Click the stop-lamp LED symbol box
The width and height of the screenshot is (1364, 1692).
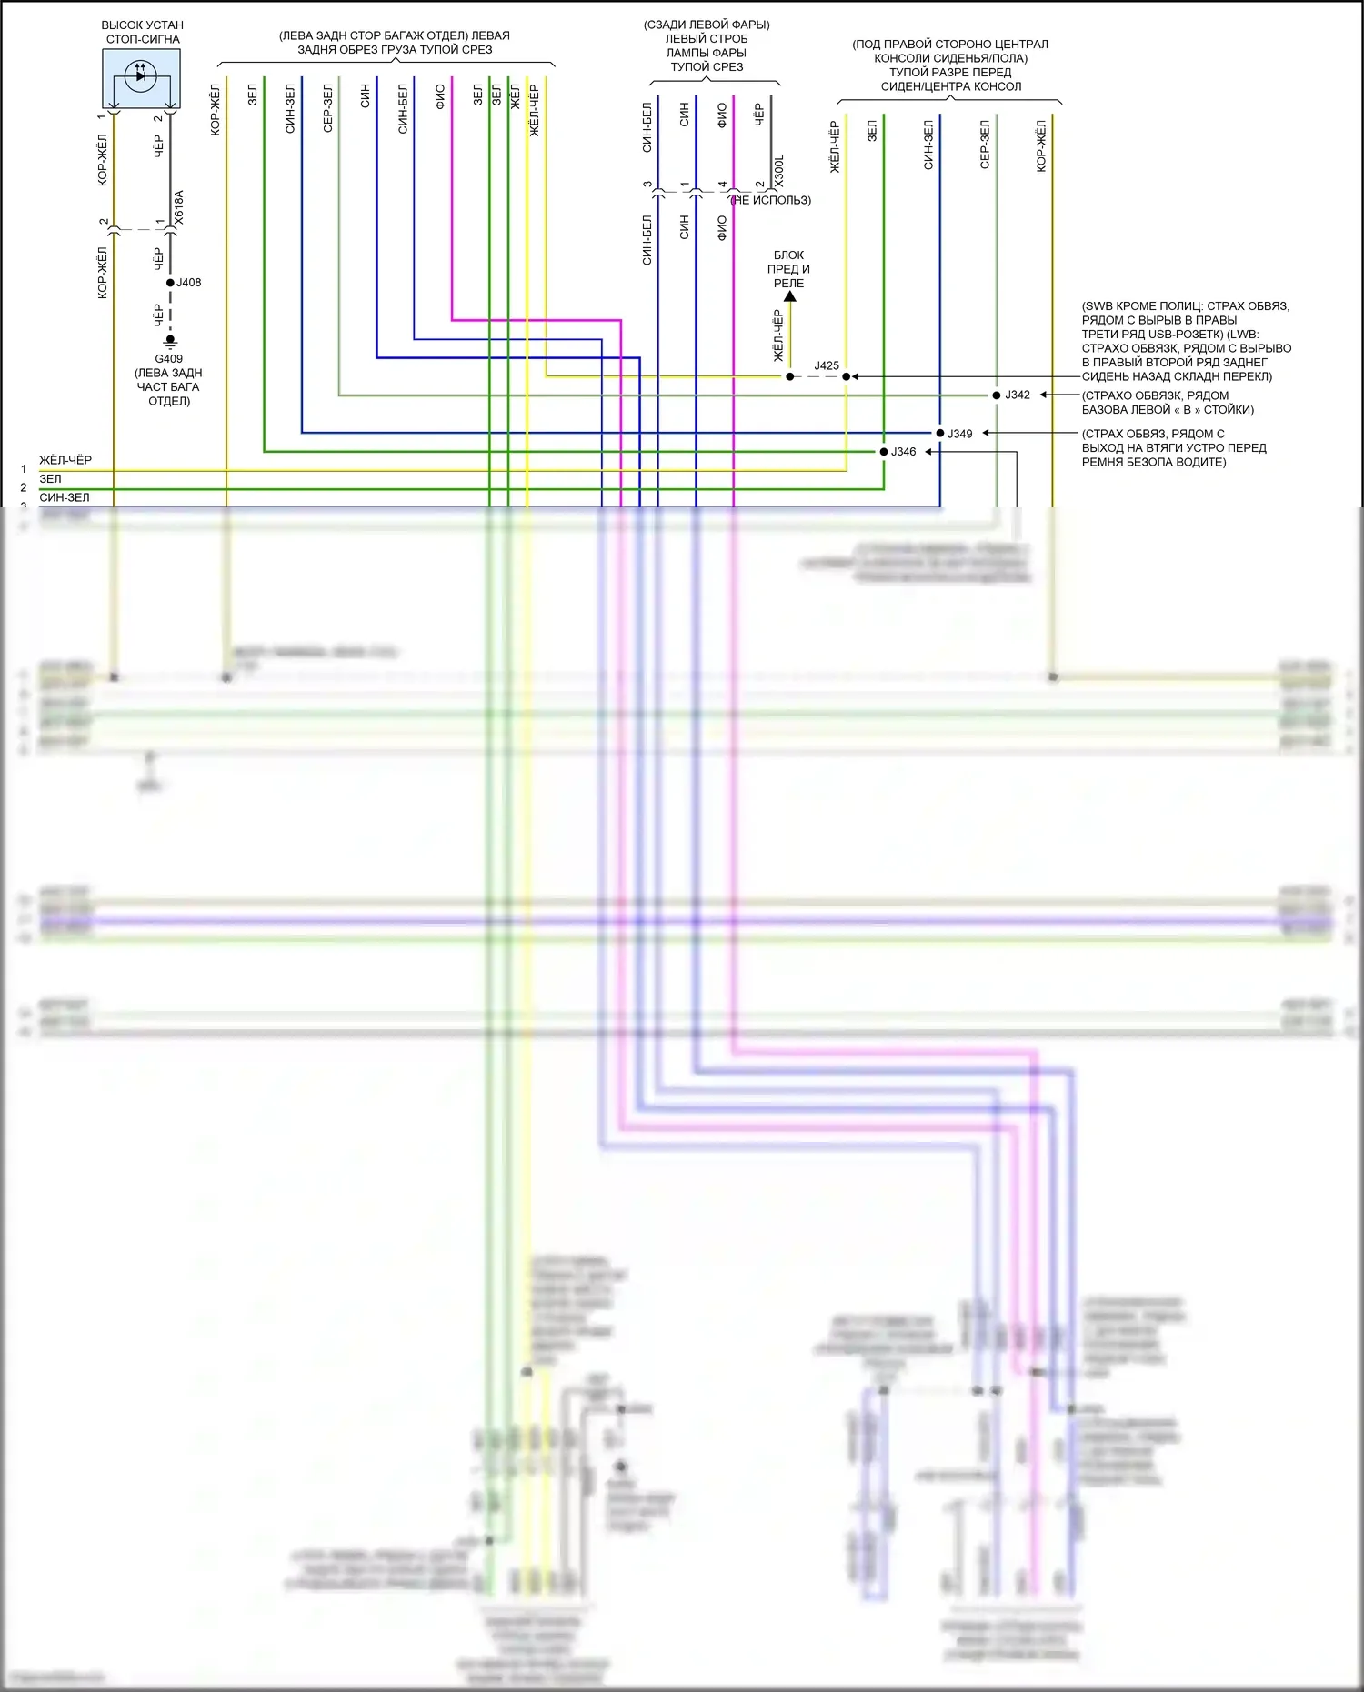click(141, 78)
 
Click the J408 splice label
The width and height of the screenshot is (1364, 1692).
click(189, 283)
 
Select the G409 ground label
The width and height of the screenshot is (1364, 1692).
click(168, 359)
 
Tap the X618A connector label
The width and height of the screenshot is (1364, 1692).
click(179, 207)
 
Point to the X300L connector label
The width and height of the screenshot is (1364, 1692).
click(779, 171)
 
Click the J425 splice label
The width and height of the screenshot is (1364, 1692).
click(827, 365)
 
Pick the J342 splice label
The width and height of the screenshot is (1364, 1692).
click(1018, 395)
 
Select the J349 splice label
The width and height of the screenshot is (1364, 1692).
click(960, 434)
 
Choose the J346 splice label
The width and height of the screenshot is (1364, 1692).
click(903, 452)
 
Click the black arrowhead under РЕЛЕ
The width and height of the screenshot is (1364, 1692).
click(789, 296)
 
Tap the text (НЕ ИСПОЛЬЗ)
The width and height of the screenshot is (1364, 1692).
click(771, 200)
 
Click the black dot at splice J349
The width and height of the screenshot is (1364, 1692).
click(940, 433)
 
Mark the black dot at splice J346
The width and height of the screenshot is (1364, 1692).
click(884, 452)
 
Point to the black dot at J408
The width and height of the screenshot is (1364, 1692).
click(170, 283)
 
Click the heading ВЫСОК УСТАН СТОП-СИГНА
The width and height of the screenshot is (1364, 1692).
click(143, 32)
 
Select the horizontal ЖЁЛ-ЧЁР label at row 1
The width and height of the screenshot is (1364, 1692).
click(65, 460)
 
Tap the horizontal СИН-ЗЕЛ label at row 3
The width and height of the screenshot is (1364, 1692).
click(65, 497)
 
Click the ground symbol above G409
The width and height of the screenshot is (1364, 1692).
click(170, 343)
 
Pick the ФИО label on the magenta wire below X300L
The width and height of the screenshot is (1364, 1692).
click(722, 227)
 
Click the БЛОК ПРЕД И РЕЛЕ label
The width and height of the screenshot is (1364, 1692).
click(788, 269)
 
